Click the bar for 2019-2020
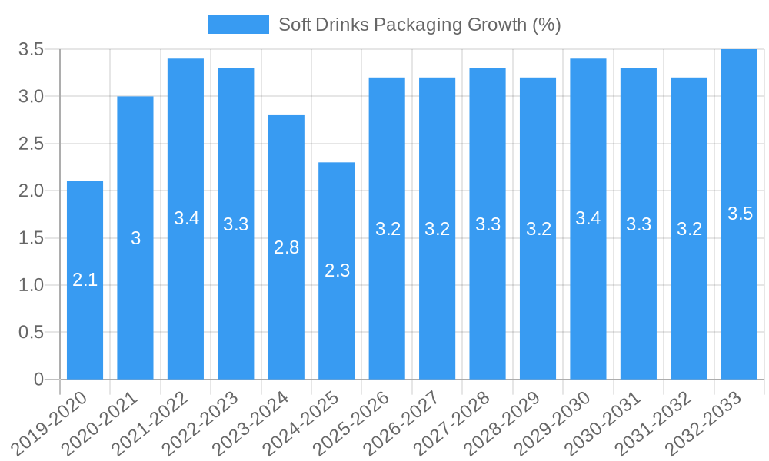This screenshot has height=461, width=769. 85,280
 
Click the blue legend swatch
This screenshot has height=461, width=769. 238,25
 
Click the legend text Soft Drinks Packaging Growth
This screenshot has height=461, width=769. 419,25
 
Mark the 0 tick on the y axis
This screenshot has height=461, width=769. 38,380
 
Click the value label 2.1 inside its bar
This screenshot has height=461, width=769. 85,280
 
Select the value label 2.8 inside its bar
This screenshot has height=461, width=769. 286,247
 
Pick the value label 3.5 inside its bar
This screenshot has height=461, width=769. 740,214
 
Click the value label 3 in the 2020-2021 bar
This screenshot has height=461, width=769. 135,238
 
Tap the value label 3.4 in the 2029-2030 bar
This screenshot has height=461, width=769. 588,218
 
